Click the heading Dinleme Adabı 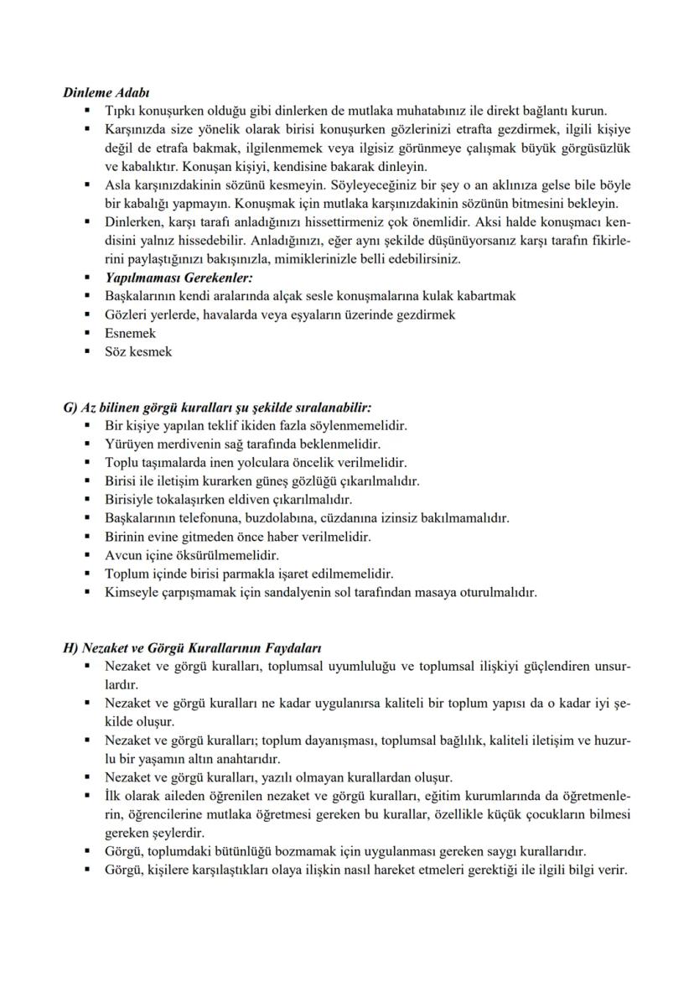tap(106, 94)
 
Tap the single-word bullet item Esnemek tap(130, 333)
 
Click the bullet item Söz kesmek tap(138, 351)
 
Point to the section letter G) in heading tap(70, 408)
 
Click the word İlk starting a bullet tap(115, 796)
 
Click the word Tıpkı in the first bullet tap(119, 112)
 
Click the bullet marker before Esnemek tap(87, 333)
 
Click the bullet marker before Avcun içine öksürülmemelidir tap(87, 555)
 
